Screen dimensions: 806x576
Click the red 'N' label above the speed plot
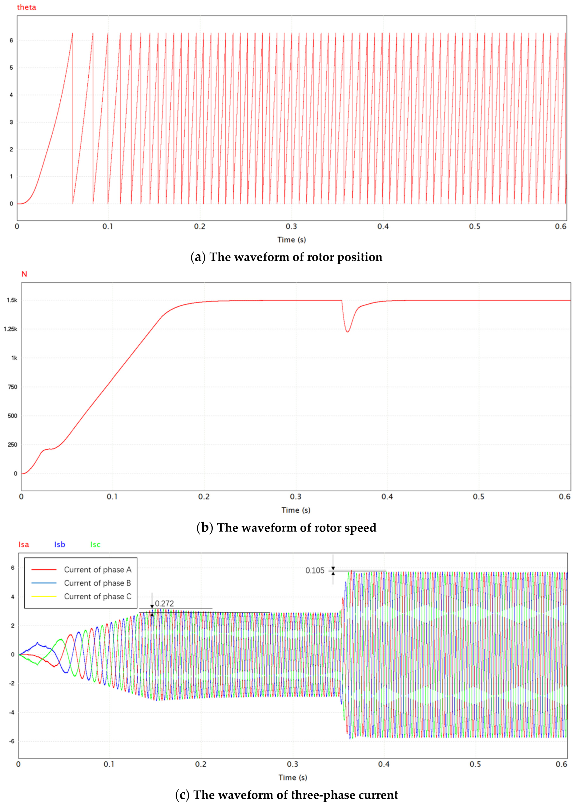tap(24, 274)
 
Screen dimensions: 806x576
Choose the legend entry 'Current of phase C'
tap(97, 596)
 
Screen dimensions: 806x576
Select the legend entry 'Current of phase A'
tap(97, 569)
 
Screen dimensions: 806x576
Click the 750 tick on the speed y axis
tap(13, 387)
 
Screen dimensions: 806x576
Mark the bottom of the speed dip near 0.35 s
tap(348, 332)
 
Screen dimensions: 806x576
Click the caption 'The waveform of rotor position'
tap(287, 257)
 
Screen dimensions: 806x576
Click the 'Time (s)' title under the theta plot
tap(292, 240)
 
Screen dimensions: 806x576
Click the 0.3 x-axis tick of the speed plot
tap(295, 497)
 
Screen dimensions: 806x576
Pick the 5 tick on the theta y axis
tap(11, 68)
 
